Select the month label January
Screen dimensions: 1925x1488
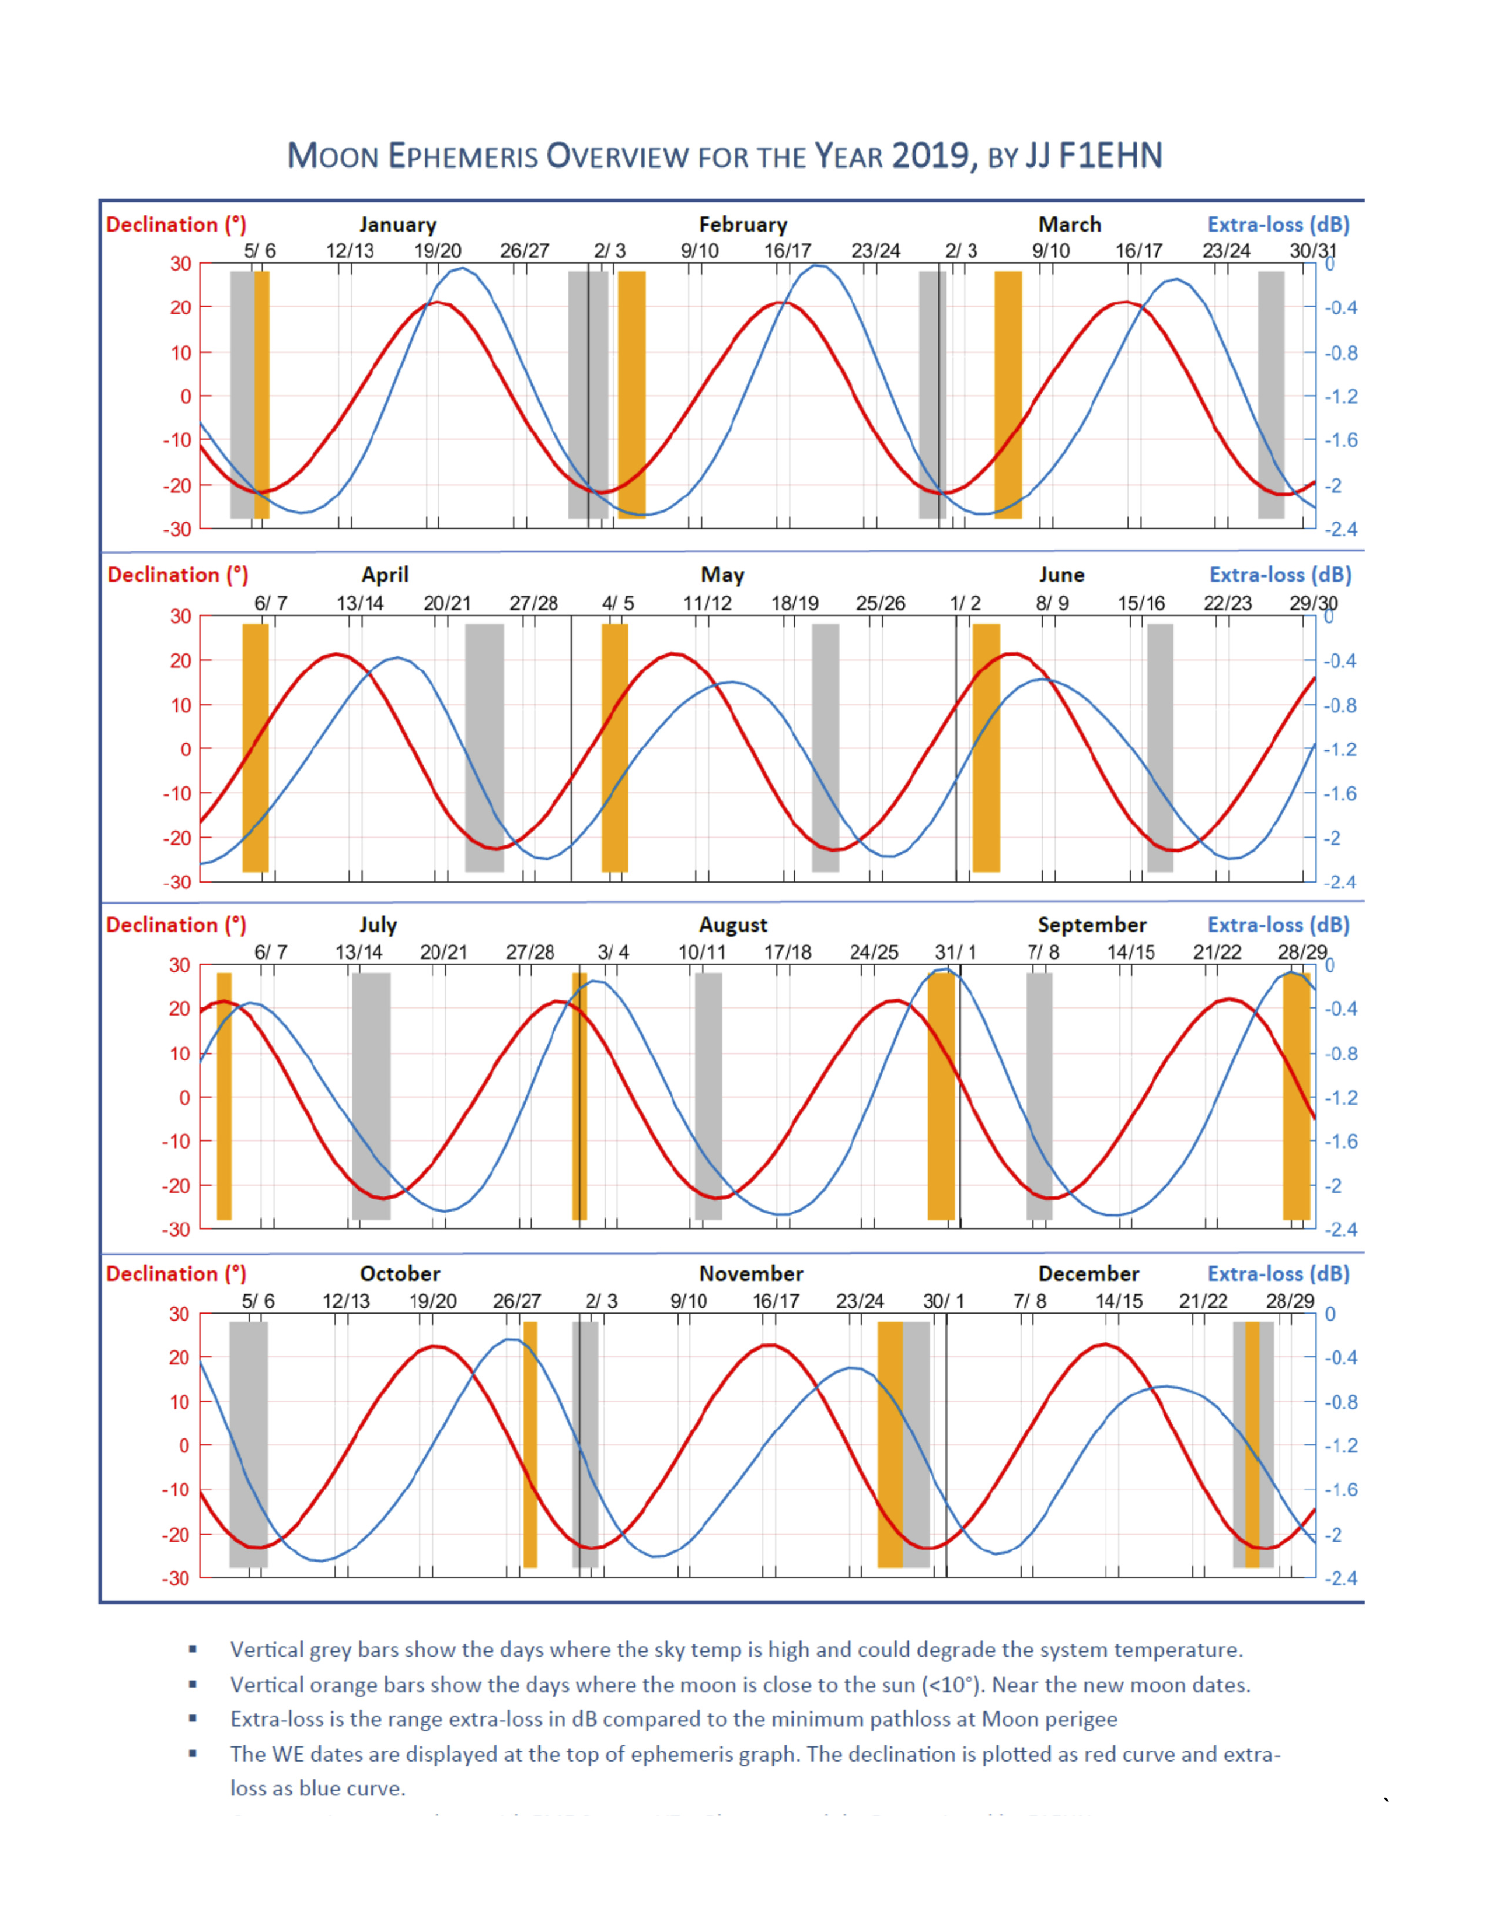point(397,225)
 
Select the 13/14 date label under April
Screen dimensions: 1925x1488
point(359,604)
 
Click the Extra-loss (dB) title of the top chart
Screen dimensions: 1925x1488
point(1277,225)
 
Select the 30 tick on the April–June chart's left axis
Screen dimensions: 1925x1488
point(181,616)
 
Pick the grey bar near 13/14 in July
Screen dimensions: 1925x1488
point(371,1095)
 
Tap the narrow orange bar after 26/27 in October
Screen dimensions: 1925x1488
point(530,1444)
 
